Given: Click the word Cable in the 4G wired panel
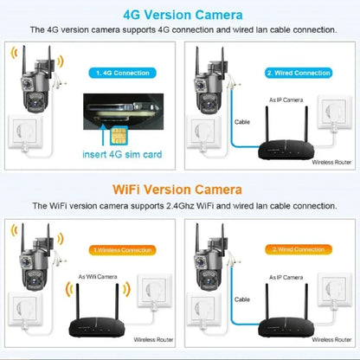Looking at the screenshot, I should coord(242,121).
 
